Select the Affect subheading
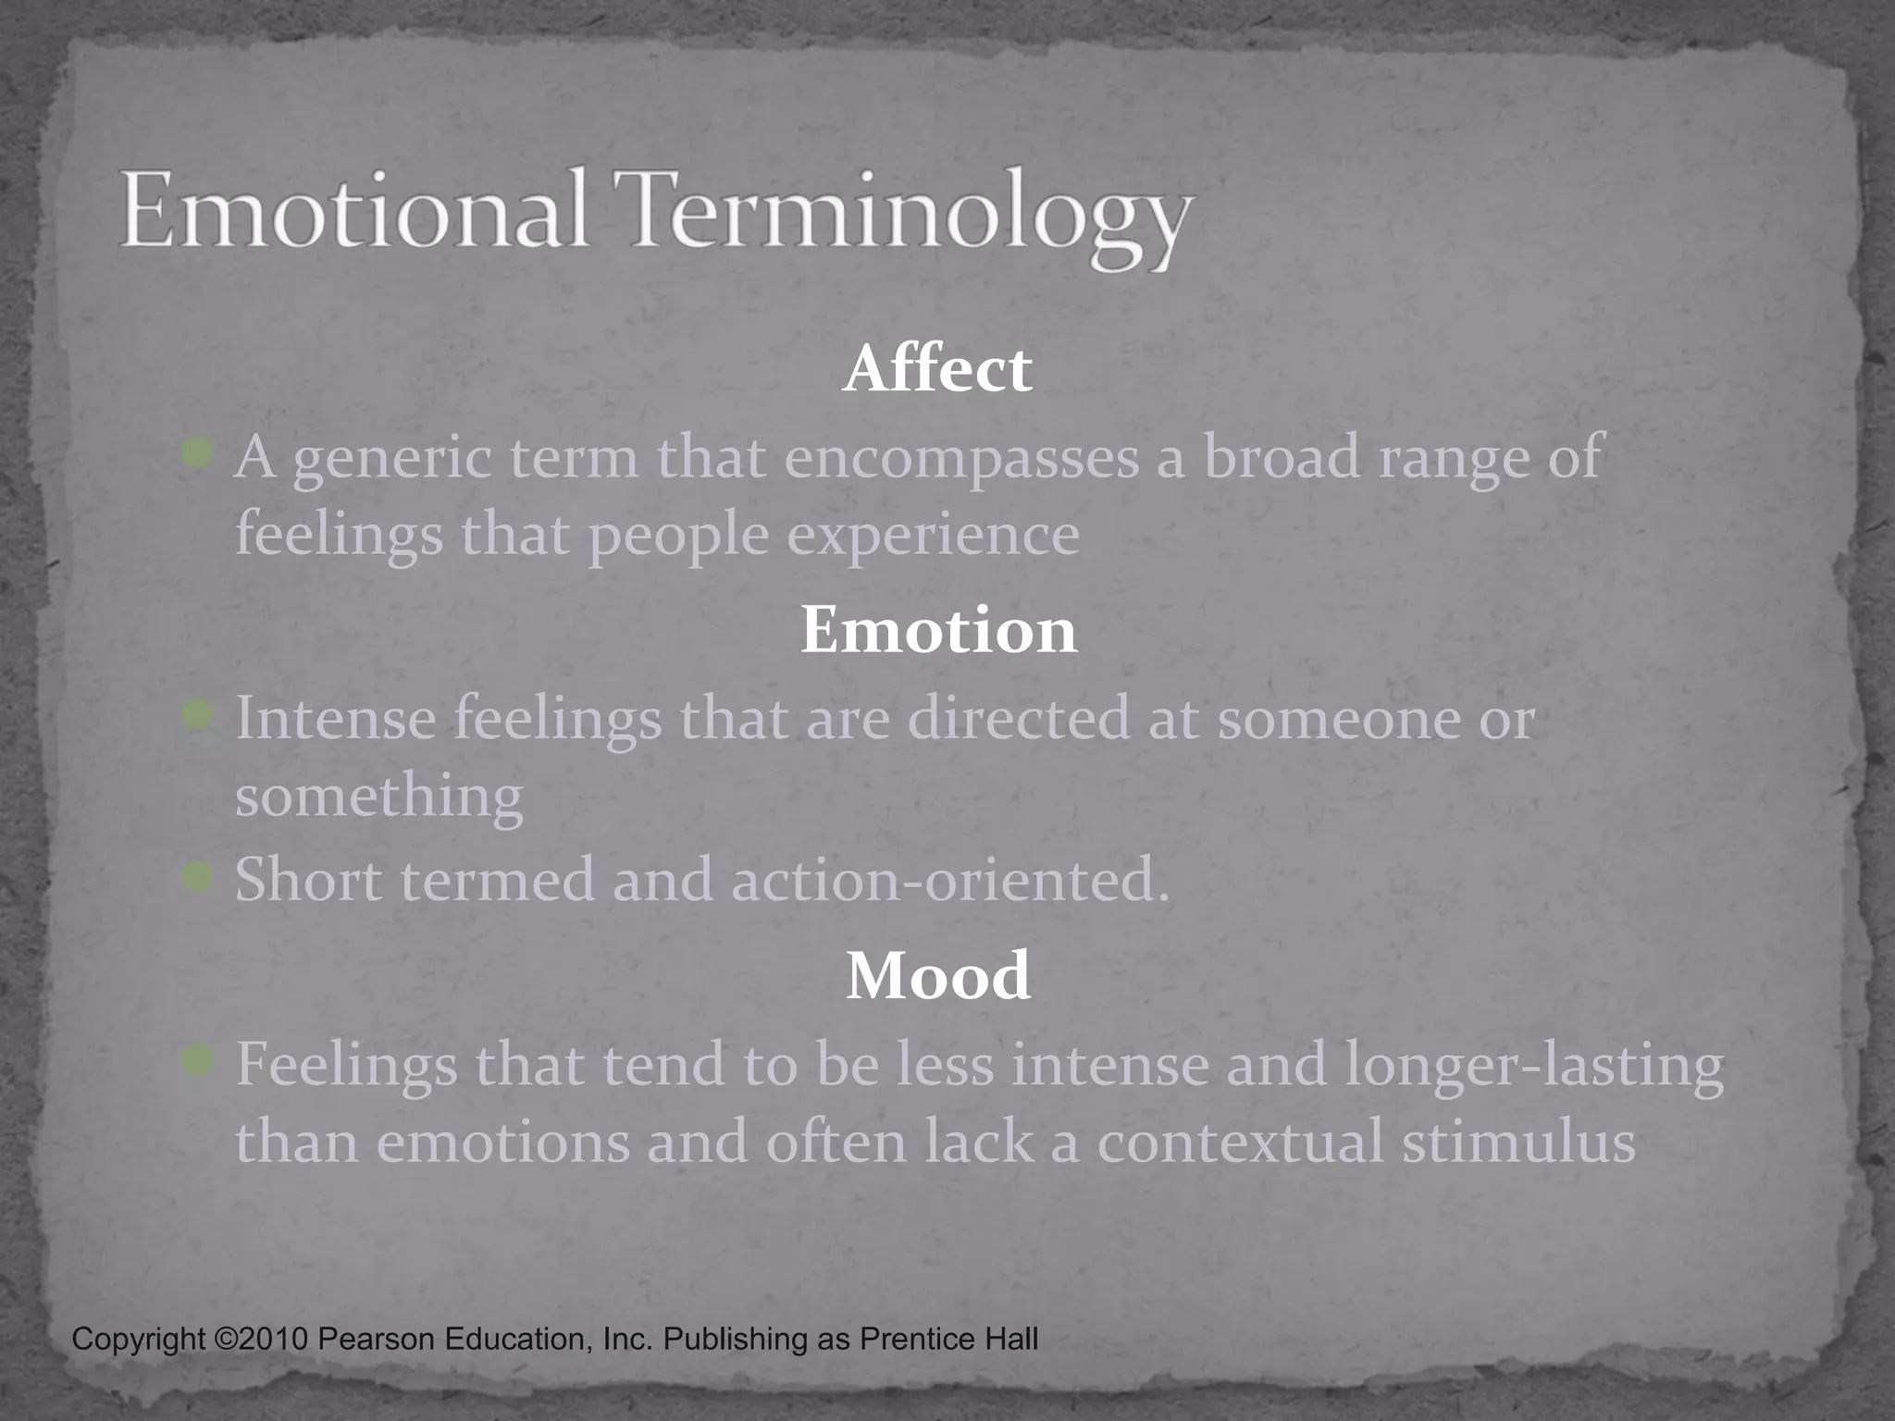pos(937,369)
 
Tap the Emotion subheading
pos(938,630)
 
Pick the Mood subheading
pos(938,976)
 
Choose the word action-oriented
pos(950,880)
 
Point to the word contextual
pos(1240,1143)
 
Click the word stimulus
pos(1518,1143)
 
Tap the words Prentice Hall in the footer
pos(948,1339)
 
